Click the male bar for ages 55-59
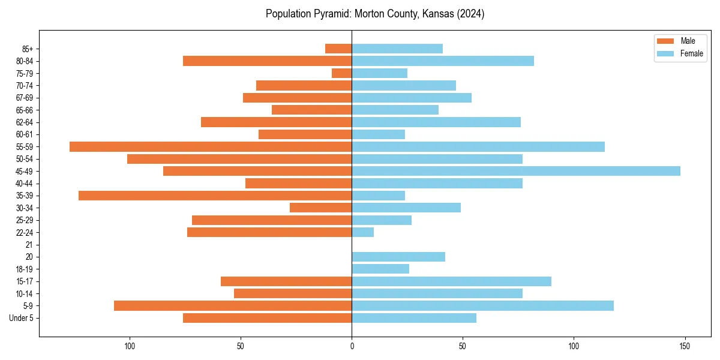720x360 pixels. coord(210,146)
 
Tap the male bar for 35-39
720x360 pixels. coord(215,196)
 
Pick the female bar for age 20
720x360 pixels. coord(398,257)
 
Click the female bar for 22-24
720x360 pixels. coord(362,232)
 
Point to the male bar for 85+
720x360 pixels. coord(338,49)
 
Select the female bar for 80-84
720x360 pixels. coord(443,61)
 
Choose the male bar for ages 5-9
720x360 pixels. coord(233,305)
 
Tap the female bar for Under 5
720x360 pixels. coord(414,318)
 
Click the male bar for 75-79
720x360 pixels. coord(341,73)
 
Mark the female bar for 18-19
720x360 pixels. coord(380,269)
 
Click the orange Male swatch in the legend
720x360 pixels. coord(666,41)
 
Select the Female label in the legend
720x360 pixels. coord(692,53)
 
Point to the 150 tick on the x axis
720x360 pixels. coord(685,346)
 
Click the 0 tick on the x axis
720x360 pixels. coord(352,346)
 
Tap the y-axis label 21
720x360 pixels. coord(29,245)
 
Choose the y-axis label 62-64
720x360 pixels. coord(25,122)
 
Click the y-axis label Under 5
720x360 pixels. coord(22,318)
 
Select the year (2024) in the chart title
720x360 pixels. coord(470,14)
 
